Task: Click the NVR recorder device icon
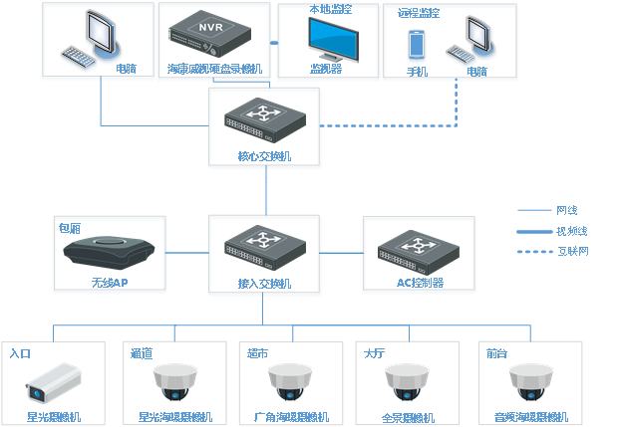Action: point(212,36)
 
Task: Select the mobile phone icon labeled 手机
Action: point(417,45)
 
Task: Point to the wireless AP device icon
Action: point(110,252)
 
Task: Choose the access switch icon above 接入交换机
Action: point(264,248)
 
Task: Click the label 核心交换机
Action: point(265,156)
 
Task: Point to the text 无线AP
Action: point(111,283)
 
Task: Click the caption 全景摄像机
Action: point(408,418)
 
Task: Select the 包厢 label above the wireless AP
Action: point(70,228)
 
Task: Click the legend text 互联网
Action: point(572,251)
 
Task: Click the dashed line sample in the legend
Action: point(534,251)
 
